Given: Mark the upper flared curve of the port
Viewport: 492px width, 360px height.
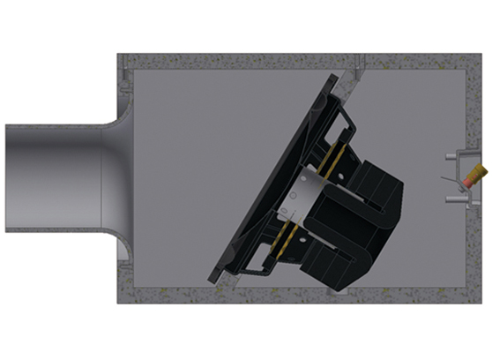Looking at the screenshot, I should (114, 120).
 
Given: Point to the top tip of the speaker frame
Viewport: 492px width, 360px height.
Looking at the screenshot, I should (333, 78).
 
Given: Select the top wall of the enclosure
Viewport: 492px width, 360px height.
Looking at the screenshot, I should (300, 62).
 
